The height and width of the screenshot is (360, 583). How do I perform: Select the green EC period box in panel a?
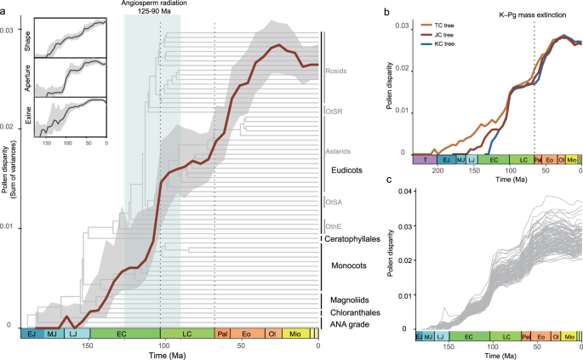point(124,334)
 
